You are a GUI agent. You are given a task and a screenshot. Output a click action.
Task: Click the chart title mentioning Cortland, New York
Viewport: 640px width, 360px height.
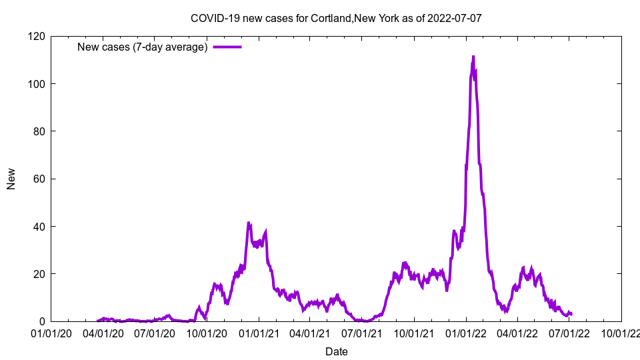click(x=336, y=18)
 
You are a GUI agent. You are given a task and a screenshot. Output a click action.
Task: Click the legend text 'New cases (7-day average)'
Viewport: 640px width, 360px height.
click(x=143, y=47)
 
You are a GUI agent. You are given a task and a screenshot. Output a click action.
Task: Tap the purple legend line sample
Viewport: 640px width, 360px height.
click(x=227, y=47)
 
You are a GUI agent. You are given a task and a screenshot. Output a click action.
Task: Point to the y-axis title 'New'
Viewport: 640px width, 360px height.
click(x=11, y=179)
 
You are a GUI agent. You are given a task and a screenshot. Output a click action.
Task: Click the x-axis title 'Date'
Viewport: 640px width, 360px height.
click(x=336, y=351)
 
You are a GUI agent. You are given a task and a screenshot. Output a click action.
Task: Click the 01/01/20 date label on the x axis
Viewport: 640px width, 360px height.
click(x=51, y=333)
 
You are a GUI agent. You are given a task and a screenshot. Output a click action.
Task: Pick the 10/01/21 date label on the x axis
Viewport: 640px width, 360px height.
click(x=414, y=333)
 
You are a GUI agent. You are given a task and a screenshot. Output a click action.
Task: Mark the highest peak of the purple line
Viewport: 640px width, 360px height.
click(x=473, y=57)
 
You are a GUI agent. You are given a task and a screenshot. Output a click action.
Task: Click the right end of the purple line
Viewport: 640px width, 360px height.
click(x=571, y=314)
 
